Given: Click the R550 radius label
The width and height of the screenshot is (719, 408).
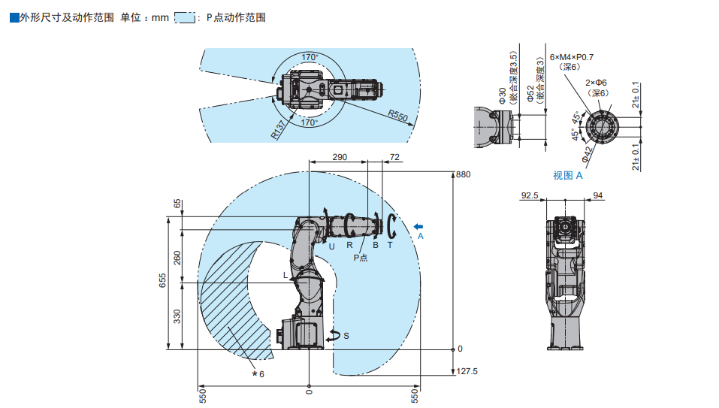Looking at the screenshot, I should (x=397, y=116).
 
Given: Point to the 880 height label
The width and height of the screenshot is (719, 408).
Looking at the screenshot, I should (x=463, y=174).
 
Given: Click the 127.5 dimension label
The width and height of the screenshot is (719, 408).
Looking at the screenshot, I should (x=468, y=371).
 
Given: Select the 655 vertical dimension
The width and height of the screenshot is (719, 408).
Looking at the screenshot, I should (x=162, y=280).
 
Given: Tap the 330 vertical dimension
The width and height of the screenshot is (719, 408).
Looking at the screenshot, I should (x=177, y=316).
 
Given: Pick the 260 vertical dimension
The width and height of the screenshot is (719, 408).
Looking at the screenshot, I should (x=177, y=258).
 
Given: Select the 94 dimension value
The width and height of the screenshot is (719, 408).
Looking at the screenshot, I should (x=598, y=195).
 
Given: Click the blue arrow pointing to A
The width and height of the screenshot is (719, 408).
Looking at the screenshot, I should (x=418, y=225).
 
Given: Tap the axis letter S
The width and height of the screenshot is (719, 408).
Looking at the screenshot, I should (x=346, y=336).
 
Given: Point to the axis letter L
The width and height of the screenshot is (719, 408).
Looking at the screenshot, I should (x=285, y=276).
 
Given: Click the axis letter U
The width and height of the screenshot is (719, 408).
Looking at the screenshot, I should (x=331, y=245).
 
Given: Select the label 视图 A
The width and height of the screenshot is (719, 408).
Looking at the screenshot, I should (x=568, y=175).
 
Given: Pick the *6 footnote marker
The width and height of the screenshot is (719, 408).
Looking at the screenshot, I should (x=258, y=373).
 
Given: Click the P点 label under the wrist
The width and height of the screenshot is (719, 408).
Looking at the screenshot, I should (x=361, y=258).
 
